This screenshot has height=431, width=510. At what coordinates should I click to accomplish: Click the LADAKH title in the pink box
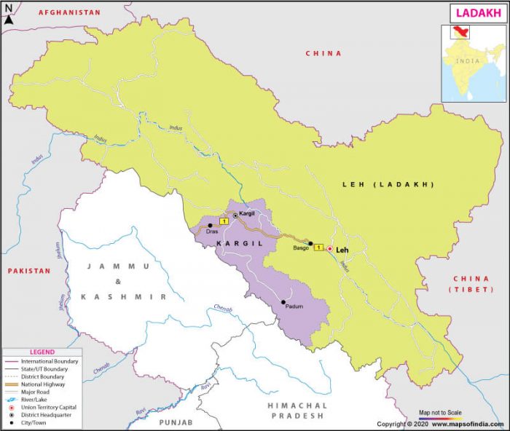coord(476,13)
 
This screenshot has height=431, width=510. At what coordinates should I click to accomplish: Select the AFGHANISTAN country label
coord(69,13)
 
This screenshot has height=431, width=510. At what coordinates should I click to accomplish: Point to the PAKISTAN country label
coord(29,271)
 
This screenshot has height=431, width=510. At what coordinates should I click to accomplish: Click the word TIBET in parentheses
coord(471,290)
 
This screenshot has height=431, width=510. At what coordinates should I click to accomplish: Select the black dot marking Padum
coord(283,302)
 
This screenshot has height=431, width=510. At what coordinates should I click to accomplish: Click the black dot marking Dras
coord(210,225)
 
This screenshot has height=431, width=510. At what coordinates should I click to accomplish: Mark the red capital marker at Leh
coord(329,249)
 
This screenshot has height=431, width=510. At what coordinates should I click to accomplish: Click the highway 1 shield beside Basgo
coord(318,249)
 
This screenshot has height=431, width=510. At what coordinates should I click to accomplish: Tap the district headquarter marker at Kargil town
coord(235,215)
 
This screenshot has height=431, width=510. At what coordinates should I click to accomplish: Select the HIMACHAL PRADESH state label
coord(297,410)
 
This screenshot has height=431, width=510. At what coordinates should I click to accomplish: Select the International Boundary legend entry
coord(48,361)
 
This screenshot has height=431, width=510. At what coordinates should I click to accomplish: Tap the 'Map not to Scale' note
coord(441,412)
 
